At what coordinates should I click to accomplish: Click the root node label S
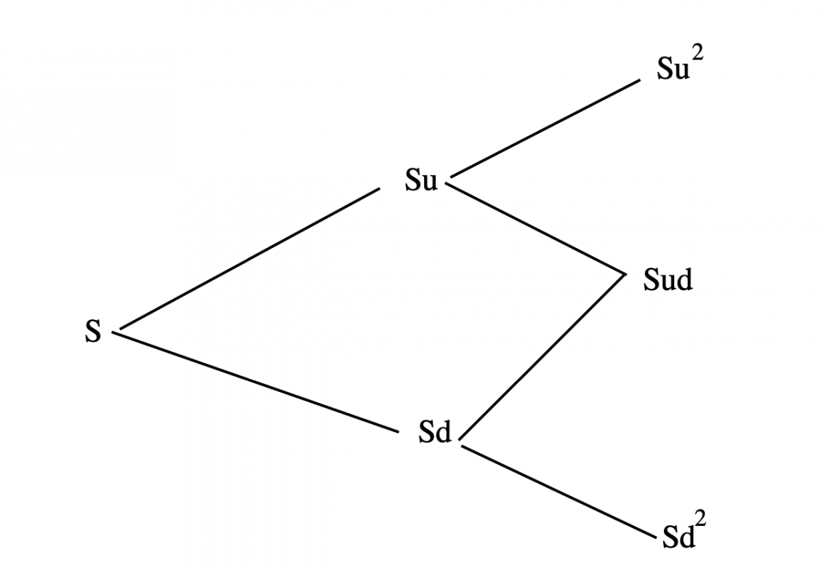coord(92,332)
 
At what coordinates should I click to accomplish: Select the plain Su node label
coord(421,180)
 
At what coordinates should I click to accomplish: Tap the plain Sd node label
coord(435,431)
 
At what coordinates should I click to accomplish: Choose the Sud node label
coord(668,279)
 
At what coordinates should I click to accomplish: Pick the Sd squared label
coord(684,530)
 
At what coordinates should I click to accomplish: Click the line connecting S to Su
coord(249,258)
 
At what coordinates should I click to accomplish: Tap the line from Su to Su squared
coord(545,128)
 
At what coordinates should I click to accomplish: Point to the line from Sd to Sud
coord(542,357)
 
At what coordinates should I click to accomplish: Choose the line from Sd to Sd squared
coord(558,492)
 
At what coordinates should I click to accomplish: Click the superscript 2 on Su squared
coord(698,55)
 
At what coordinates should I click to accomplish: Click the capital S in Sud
coord(651,279)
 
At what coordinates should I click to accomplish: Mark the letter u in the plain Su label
coord(429,183)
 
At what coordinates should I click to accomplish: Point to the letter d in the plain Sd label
coord(443,431)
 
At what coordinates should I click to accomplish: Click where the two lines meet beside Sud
coord(625,274)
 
